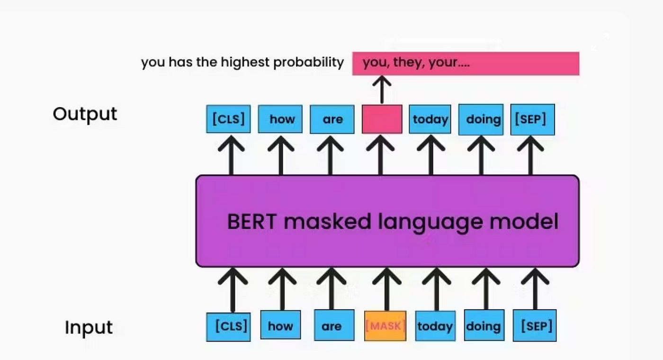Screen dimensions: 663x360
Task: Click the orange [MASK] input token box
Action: pos(385,326)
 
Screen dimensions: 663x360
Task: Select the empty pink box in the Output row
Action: pos(382,119)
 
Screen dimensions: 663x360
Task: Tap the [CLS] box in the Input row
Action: pos(228,327)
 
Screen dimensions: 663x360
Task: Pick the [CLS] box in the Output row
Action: pos(228,119)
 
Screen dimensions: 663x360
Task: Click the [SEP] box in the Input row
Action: pos(535,325)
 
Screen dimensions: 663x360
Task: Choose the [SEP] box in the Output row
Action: pos(532,119)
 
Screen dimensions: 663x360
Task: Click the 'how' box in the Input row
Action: pos(280,325)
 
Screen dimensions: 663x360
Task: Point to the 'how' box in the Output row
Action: pos(280,119)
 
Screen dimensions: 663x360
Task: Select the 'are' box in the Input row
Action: pos(334,325)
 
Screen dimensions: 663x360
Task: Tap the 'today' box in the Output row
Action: pos(430,119)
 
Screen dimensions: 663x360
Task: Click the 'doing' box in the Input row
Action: pos(484,325)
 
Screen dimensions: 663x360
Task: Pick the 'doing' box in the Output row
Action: pos(481,119)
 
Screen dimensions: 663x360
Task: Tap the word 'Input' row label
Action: pos(89,327)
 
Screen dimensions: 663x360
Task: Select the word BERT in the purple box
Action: pos(252,222)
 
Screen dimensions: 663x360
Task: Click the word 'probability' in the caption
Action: pos(308,63)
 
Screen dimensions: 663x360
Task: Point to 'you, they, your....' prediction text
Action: pos(416,63)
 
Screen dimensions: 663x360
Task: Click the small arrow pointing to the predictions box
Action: pos(382,90)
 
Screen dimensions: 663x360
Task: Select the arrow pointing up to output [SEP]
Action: pos(530,155)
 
